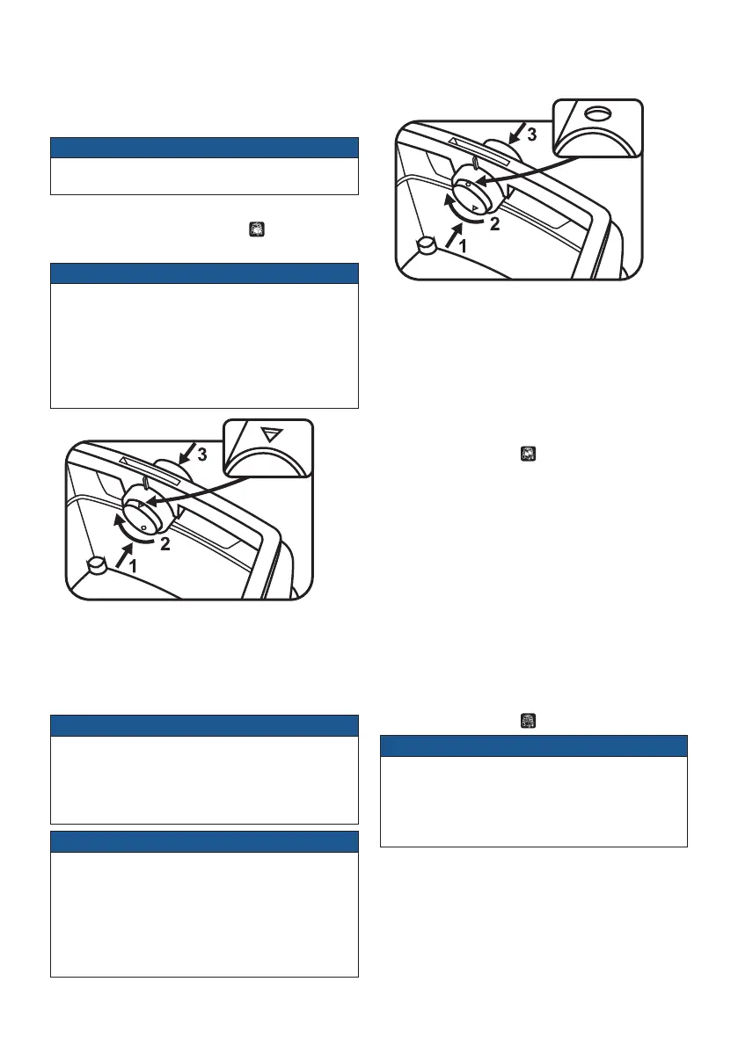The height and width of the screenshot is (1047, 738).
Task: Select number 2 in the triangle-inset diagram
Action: pos(164,544)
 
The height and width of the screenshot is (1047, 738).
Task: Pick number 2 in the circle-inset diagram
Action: pos(494,224)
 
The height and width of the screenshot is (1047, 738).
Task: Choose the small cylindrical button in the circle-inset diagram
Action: pos(428,246)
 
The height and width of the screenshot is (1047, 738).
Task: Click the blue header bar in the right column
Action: pos(533,745)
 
